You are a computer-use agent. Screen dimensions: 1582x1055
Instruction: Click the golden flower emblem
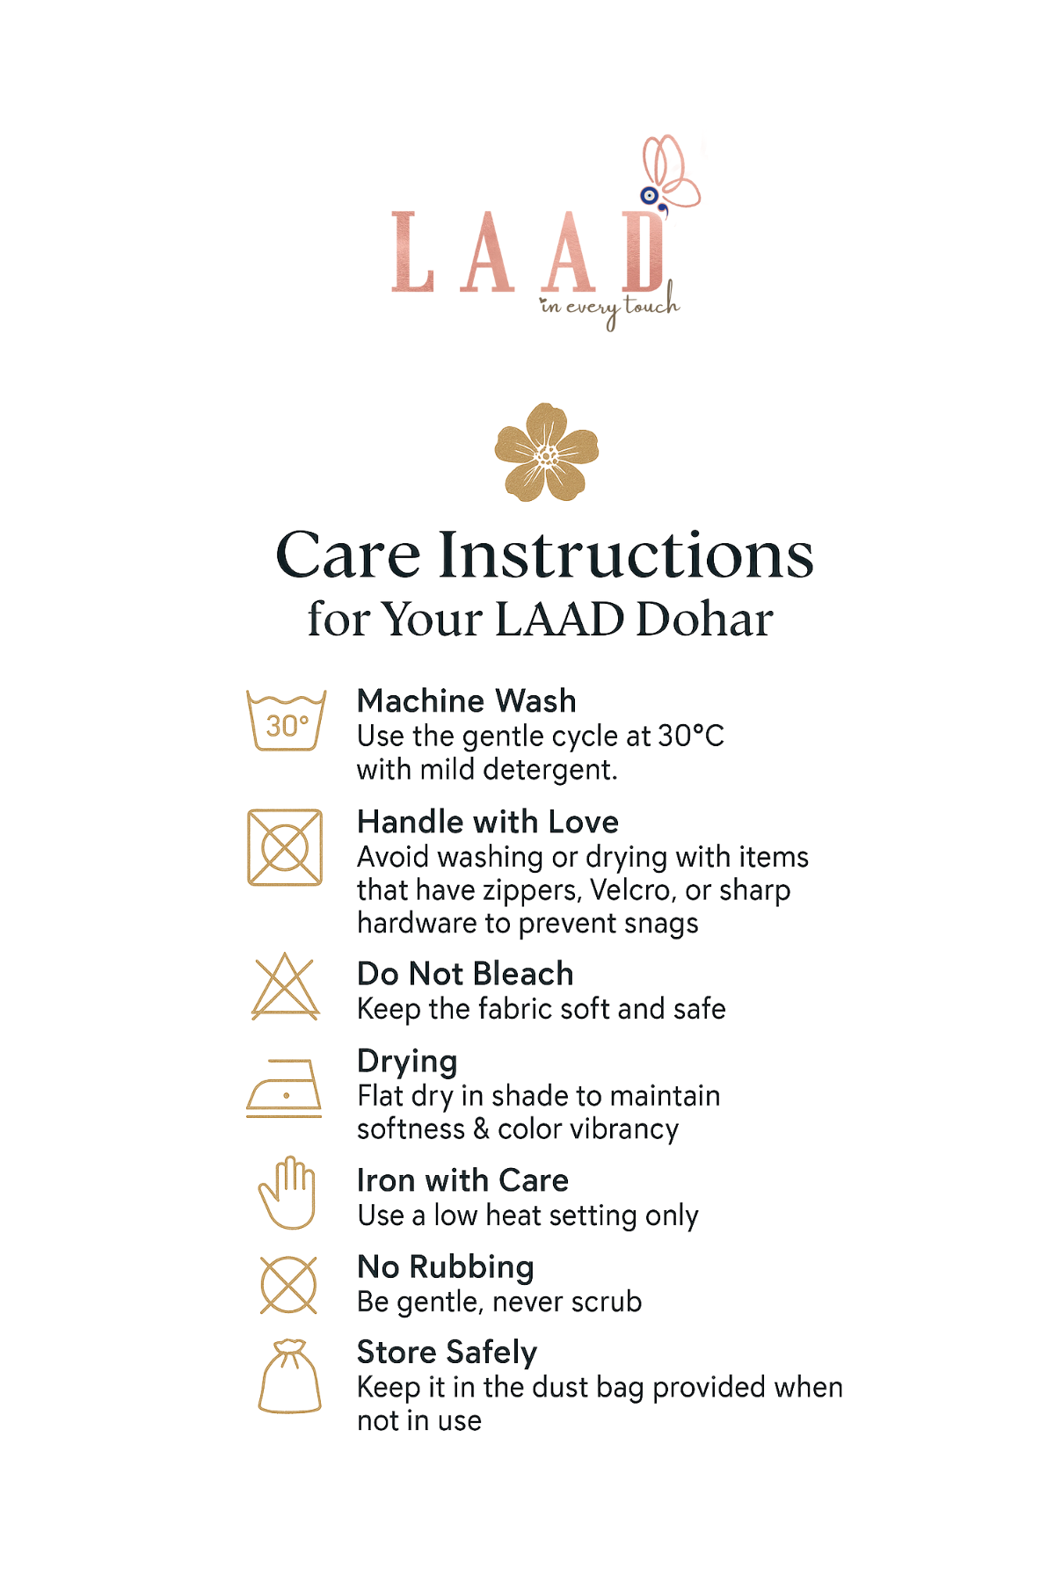[546, 453]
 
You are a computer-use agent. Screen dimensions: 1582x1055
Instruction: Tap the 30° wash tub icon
[287, 721]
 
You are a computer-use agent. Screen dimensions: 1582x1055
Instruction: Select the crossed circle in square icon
[285, 847]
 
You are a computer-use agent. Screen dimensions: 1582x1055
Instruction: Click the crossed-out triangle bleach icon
[285, 987]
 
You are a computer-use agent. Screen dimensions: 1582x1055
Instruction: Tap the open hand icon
[287, 1193]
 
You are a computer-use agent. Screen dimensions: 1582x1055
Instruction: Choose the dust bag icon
[289, 1376]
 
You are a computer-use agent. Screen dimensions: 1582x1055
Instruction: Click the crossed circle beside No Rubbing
[288, 1285]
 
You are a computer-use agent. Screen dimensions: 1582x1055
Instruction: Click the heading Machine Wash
[466, 701]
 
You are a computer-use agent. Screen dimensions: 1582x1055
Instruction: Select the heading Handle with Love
[488, 822]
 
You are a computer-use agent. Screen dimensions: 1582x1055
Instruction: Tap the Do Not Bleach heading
[465, 974]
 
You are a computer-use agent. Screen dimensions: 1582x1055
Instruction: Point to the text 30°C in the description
[691, 736]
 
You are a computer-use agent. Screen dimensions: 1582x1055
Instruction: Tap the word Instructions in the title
[626, 555]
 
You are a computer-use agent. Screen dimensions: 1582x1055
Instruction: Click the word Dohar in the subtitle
[704, 620]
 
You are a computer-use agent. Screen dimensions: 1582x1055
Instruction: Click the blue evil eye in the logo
[649, 195]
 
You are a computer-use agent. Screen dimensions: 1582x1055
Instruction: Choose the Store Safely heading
[447, 1352]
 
